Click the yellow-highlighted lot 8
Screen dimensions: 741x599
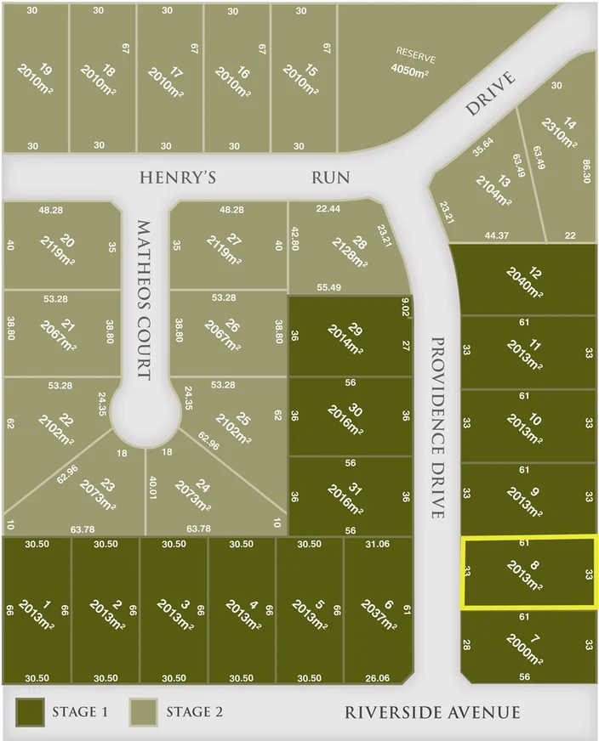528,572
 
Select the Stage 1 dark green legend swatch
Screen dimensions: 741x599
31,711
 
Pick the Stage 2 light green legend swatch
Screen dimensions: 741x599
145,711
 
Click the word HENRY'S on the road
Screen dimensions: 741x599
177,177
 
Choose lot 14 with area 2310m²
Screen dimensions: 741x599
564,140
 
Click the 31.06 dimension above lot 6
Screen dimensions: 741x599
376,544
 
